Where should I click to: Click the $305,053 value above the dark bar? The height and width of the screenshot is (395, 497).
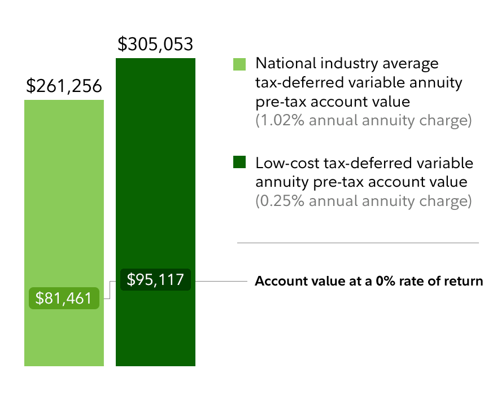[x=155, y=44]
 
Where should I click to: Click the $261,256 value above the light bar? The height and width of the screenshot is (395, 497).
[x=64, y=86]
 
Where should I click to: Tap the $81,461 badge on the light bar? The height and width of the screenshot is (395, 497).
[x=64, y=298]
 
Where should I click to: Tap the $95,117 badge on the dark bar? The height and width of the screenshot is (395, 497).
[x=155, y=280]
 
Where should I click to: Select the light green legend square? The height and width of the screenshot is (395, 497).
[x=240, y=64]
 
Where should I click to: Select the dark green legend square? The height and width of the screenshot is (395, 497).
[x=240, y=163]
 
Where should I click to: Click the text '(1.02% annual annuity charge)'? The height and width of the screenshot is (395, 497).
[x=364, y=121]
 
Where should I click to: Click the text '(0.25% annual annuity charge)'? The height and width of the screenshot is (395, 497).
[x=364, y=201]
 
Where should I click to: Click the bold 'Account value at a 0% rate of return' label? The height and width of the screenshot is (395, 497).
[x=369, y=280]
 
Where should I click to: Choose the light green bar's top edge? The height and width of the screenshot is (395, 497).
[x=64, y=101]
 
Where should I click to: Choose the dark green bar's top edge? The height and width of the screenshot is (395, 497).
[x=155, y=59]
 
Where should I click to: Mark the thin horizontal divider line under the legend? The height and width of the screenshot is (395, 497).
[x=358, y=243]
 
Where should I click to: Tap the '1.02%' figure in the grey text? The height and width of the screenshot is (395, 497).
[x=277, y=121]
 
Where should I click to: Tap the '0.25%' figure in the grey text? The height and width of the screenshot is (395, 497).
[x=278, y=201]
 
